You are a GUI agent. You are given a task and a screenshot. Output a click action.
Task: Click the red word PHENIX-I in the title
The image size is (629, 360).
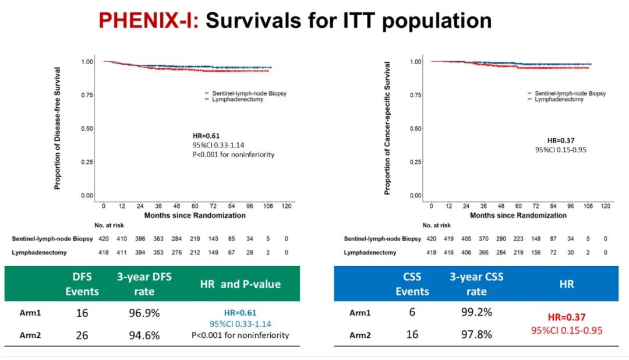[x=149, y=21]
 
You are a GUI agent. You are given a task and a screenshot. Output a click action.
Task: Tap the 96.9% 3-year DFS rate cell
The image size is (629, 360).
[x=144, y=313]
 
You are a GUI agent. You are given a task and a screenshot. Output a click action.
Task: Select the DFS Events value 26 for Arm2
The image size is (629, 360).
[x=82, y=334]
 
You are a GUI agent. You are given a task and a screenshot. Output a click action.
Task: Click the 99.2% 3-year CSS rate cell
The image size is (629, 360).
[x=475, y=312]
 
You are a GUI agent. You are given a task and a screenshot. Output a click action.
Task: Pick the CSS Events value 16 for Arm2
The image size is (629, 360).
[x=412, y=334]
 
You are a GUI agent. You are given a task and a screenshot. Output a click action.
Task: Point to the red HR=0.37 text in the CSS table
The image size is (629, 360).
[x=566, y=317]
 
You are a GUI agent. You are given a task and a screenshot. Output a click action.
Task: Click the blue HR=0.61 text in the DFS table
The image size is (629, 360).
[x=241, y=313]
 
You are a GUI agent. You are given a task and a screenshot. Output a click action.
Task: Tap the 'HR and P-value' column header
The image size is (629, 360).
[x=241, y=284]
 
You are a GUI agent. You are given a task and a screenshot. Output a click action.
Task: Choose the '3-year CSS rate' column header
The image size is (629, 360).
[x=475, y=284]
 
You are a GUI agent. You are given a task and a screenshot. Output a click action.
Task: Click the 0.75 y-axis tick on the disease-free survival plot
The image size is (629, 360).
[x=86, y=95]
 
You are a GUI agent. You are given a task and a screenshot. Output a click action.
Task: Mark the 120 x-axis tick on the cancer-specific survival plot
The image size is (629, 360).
[x=606, y=206]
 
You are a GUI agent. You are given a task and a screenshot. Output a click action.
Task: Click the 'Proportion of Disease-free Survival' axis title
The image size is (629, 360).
[x=58, y=128]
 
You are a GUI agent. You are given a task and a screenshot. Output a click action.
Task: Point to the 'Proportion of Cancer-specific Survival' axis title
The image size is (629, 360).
[x=387, y=128]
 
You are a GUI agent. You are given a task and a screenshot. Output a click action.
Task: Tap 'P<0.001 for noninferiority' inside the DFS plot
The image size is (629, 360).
[x=234, y=154]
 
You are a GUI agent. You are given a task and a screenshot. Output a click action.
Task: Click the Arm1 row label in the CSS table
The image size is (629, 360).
[x=359, y=313]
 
